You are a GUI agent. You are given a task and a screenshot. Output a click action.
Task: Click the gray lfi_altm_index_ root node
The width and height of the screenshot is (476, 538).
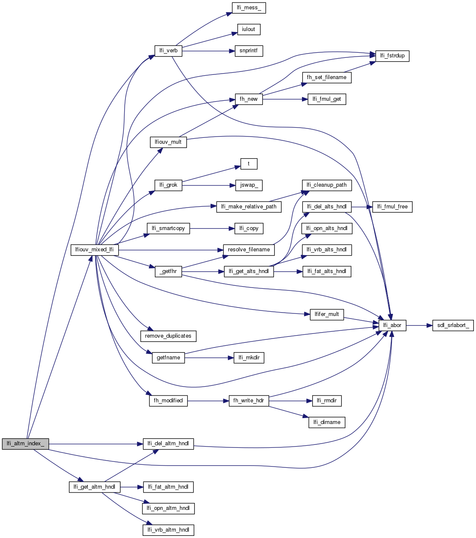click(x=26, y=444)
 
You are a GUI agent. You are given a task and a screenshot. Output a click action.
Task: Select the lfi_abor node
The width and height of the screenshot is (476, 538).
click(x=392, y=325)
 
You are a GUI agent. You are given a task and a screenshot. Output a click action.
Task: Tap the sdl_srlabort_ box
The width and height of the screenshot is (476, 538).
click(x=453, y=325)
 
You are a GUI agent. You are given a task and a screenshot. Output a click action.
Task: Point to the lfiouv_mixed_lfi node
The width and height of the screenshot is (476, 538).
click(x=94, y=250)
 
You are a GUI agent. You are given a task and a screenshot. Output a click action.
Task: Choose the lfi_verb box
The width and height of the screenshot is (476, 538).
click(x=168, y=51)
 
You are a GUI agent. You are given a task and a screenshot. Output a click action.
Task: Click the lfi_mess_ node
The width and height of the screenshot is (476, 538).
click(x=249, y=8)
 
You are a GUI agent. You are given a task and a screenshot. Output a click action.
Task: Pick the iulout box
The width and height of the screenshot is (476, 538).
click(x=248, y=29)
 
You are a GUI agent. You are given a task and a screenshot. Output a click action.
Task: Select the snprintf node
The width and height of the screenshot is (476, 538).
click(x=248, y=51)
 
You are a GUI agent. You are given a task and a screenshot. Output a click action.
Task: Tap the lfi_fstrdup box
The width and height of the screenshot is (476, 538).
click(x=392, y=56)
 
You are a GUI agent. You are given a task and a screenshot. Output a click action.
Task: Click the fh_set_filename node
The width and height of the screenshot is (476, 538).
click(x=327, y=77)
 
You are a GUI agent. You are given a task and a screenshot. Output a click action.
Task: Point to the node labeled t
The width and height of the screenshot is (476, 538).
click(x=249, y=164)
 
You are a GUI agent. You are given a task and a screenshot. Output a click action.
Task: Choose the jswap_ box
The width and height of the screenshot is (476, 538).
click(x=249, y=185)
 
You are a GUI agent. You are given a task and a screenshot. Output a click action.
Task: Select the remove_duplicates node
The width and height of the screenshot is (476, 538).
click(x=168, y=336)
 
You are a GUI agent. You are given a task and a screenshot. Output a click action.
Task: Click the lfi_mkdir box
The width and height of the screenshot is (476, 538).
click(x=249, y=358)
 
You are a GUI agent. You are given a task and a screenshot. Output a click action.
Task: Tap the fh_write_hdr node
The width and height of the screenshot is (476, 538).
click(x=249, y=401)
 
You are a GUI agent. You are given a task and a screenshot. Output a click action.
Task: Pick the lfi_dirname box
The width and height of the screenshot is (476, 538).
click(x=327, y=422)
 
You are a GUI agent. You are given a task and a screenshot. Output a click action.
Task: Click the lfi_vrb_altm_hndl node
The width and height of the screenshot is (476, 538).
click(x=168, y=530)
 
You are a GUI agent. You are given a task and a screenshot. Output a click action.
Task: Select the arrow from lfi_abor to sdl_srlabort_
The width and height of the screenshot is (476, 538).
click(x=419, y=325)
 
